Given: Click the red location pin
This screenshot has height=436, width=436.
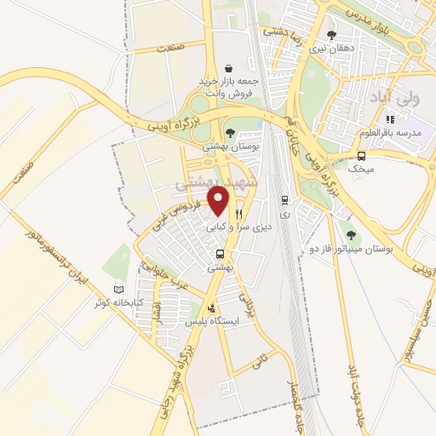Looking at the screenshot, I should coord(219,200).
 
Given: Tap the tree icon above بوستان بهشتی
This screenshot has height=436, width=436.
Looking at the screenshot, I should coord(230,131).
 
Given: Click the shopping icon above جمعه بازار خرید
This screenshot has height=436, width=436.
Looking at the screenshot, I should coord(228,67).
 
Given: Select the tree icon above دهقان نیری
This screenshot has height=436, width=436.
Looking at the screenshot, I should coord(331,35).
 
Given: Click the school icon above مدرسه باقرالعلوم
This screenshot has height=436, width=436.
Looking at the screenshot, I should coord(391,120).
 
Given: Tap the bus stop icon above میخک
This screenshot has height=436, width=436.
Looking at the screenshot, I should coord(362,156).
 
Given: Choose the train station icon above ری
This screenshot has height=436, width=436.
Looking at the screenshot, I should coord(284,200).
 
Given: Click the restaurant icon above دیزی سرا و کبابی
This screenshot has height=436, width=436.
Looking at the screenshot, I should coord(240,214).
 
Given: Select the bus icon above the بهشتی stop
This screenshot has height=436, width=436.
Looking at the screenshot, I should coord(221,253).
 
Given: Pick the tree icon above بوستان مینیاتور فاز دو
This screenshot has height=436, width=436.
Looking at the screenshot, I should coord(348,228).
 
